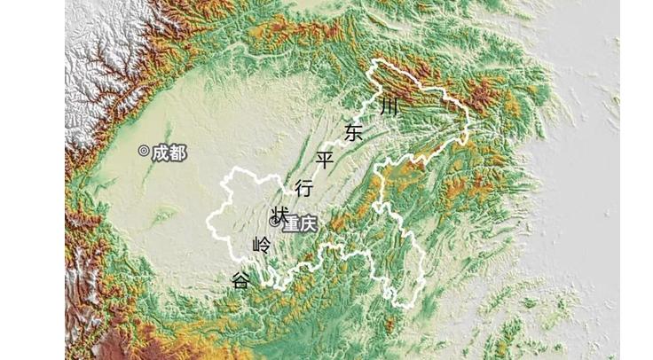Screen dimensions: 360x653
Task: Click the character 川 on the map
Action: coord(389,107)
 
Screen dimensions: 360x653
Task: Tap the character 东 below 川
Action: coord(354,134)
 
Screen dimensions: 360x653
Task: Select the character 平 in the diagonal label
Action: coord(325,160)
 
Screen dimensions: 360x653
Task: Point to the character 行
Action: coord(303,188)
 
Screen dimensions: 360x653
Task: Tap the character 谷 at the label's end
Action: coord(240,281)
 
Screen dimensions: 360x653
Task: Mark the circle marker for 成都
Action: coord(144,152)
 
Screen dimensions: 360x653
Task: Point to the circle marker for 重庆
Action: coord(274,221)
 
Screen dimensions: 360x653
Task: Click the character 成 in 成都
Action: coord(160,153)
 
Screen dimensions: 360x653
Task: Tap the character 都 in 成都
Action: coord(177,153)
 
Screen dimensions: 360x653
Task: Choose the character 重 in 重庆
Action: coord(290,224)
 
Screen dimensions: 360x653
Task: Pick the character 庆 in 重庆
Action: coord(307,224)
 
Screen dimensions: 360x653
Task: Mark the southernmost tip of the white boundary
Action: coord(407,307)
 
